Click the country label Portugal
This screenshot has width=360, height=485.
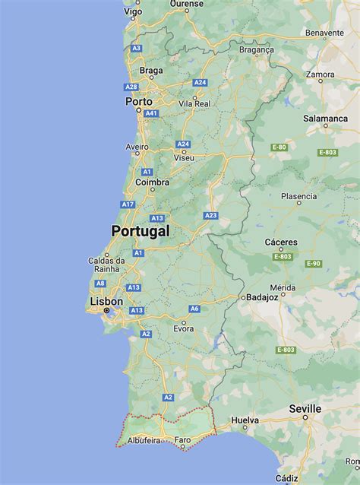(x=141, y=231)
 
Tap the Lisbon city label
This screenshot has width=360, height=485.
(x=106, y=301)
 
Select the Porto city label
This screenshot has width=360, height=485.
(x=139, y=101)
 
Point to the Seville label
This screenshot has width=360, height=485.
(x=305, y=409)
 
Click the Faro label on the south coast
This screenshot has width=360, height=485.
(x=183, y=440)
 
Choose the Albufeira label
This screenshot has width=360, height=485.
(x=144, y=440)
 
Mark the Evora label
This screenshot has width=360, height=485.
(x=183, y=328)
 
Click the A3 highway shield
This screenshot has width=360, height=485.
(x=137, y=48)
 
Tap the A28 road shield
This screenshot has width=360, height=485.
(x=131, y=87)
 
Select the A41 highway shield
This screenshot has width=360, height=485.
(x=151, y=113)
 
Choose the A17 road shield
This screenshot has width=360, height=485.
(x=128, y=204)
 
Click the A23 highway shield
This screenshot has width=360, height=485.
(x=210, y=216)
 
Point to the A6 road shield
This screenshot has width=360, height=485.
(x=194, y=308)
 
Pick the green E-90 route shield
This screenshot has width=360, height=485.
(x=314, y=263)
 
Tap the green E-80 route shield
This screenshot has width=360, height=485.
(x=279, y=147)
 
